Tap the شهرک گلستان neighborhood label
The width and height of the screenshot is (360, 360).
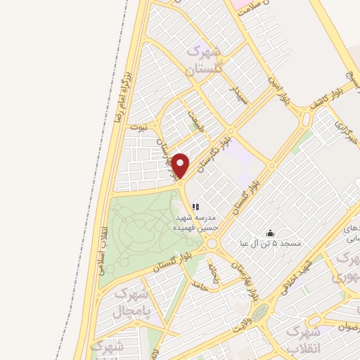coord(203,60)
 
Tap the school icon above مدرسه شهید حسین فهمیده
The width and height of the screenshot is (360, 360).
coord(196,207)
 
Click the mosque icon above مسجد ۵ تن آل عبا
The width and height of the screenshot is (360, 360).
coord(270,233)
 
